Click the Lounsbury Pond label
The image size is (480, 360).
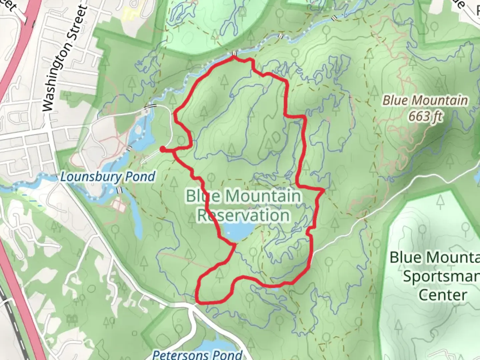tap(108, 176)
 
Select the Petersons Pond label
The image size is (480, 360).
tap(197, 354)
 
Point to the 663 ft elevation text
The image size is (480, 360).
tap(425, 116)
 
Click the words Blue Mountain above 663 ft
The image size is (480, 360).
tap(425, 100)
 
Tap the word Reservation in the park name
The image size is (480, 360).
tap(243, 215)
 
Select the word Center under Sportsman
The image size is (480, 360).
tap(442, 295)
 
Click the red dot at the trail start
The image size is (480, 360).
tap(162, 149)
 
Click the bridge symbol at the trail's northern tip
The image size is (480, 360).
tap(234, 54)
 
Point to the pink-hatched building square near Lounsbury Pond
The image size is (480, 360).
tap(119, 206)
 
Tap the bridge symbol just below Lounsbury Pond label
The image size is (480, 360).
tap(119, 190)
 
